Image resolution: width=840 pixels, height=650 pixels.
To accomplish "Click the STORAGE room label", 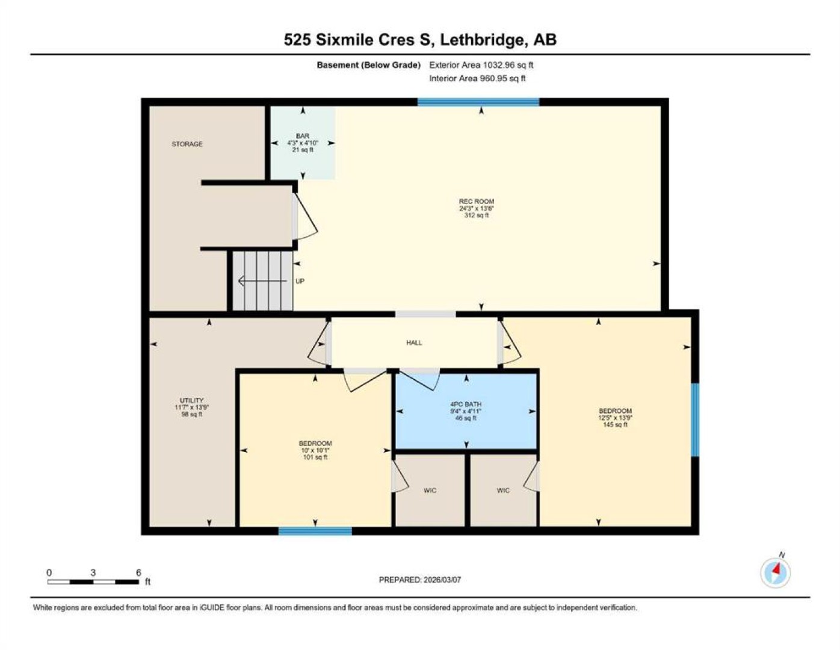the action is pyautogui.click(x=187, y=144).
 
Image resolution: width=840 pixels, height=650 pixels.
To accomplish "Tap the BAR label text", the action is pyautogui.click(x=302, y=136).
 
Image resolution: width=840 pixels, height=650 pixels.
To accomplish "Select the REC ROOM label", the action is pyautogui.click(x=476, y=202).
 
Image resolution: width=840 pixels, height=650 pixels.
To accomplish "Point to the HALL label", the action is pyautogui.click(x=414, y=342).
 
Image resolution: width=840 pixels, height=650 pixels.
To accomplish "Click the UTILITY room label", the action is pyautogui.click(x=192, y=400).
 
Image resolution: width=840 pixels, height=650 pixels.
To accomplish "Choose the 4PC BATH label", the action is pyautogui.click(x=465, y=404).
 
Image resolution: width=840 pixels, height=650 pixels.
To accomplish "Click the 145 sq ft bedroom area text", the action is pyautogui.click(x=615, y=424).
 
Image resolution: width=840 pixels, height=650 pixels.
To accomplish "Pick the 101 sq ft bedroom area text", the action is pyautogui.click(x=315, y=457).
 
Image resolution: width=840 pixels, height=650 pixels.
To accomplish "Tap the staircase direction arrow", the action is pyautogui.click(x=262, y=280).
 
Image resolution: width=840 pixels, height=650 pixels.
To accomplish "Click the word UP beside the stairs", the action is pyautogui.click(x=300, y=281).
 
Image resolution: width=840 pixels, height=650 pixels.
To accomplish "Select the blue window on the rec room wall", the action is pyautogui.click(x=478, y=102).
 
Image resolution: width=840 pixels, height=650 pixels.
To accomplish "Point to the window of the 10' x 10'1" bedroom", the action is pyautogui.click(x=315, y=531).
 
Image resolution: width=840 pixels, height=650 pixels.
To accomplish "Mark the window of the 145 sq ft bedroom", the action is pyautogui.click(x=695, y=420).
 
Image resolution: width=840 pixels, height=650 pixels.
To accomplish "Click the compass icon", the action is pyautogui.click(x=776, y=573).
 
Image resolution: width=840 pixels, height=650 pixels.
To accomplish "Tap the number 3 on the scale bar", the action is pyautogui.click(x=93, y=573).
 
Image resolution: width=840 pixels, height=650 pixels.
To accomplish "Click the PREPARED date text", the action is pyautogui.click(x=420, y=580).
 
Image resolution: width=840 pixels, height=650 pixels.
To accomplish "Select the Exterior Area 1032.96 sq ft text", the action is pyautogui.click(x=481, y=65).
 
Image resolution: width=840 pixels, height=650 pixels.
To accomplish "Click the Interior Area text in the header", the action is pyautogui.click(x=477, y=78).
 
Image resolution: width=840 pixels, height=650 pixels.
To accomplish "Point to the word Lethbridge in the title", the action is pyautogui.click(x=484, y=40).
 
